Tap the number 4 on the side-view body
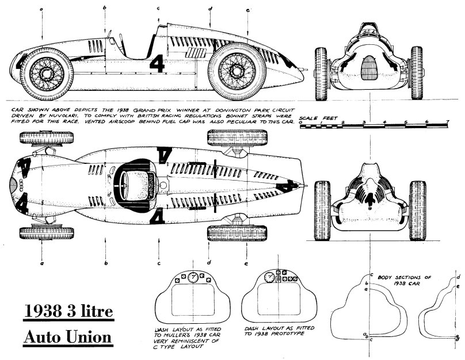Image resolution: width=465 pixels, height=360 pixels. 157,63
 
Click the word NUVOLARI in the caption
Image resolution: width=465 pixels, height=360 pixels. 65,116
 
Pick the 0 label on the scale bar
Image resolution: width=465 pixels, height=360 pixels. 301,122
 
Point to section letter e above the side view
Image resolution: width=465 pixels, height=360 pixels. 247,10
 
